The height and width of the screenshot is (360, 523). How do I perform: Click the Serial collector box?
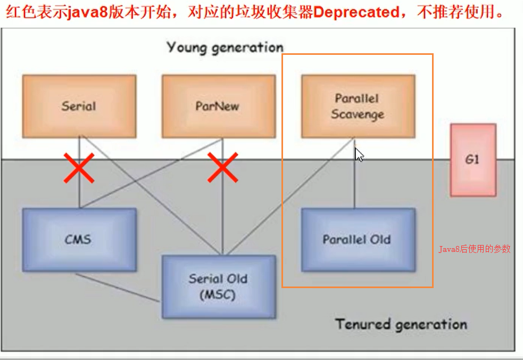pos(79,105)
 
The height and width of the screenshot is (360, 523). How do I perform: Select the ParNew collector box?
pos(218,105)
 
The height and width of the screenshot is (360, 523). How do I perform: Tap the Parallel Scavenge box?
pos(358,106)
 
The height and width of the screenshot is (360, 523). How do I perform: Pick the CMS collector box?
pos(79,239)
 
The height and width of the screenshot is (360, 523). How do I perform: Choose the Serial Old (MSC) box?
pos(219,286)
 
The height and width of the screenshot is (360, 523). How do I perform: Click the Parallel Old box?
pos(358,239)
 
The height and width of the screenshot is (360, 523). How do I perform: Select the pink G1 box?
pos(473,160)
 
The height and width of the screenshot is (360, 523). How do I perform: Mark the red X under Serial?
pos(79,167)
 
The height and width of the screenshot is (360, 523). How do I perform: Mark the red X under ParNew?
pos(222,167)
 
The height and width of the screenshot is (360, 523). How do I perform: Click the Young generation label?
pos(225,47)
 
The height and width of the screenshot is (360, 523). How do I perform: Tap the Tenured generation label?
pos(401,323)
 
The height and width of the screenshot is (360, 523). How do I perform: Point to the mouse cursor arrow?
pos(359,154)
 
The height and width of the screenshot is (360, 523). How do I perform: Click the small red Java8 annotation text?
pos(474,249)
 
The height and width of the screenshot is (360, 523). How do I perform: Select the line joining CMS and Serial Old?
pos(117,288)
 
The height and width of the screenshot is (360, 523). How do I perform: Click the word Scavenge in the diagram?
pos(358,114)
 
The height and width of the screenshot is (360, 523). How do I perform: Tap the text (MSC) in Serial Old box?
pos(218,294)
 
